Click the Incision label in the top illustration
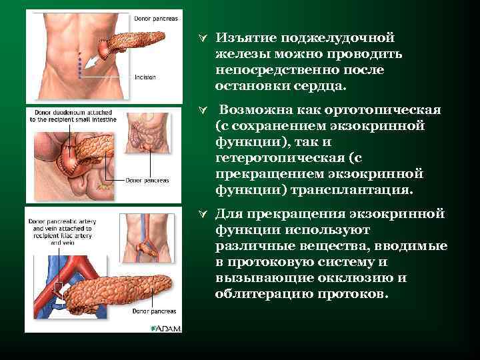coord(145,77)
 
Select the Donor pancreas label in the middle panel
coord(148,181)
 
